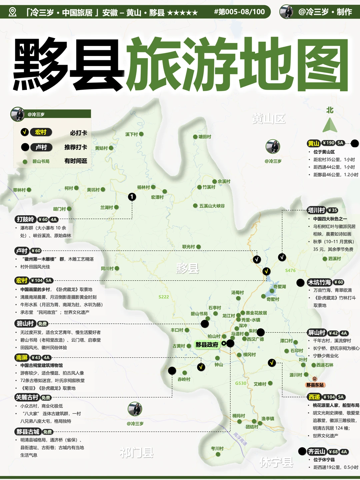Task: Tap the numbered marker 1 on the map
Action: coord(132,197)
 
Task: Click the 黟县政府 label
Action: coord(207,345)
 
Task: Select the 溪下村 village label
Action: coord(132,134)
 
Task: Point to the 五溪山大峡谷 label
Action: coord(212,206)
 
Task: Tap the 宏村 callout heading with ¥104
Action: coord(22,281)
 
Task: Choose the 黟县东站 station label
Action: coord(315,385)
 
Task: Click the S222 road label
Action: coord(164,297)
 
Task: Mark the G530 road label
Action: coord(241,383)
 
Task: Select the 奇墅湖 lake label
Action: coord(280,287)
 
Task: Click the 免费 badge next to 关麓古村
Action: coord(46,398)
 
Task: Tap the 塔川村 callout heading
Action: coord(316,210)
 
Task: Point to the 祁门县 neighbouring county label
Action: coord(137,453)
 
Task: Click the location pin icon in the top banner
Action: coord(13,12)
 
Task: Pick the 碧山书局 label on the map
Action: coord(199,314)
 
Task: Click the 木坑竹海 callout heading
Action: coord(319,282)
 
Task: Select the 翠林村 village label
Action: coord(19,190)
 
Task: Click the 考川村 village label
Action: coord(217,448)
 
